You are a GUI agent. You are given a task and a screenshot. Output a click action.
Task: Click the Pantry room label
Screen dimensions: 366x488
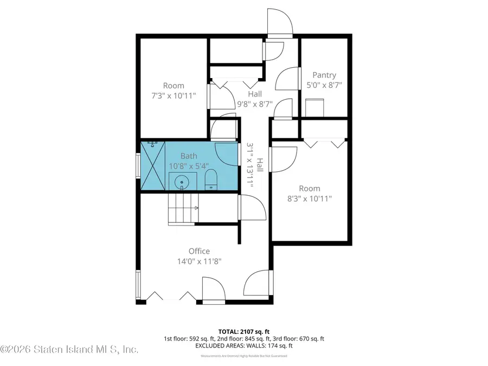coord(324,75)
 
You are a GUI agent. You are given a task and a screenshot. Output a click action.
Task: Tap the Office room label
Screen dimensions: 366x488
coord(199,251)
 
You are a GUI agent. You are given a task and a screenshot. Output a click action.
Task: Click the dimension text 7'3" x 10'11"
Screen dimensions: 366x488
coord(174,95)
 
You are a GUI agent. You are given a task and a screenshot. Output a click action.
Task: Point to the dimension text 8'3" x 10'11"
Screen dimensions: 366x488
coord(309,198)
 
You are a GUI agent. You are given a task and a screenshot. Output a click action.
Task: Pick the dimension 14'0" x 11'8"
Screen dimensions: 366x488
coord(199,261)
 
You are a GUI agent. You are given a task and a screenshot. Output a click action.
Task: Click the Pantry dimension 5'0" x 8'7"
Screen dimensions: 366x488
coord(324,85)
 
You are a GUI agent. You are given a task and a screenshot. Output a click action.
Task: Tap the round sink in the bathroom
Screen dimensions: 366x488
coord(181,181)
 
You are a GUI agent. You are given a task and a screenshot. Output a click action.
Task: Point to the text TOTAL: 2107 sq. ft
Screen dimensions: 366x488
coord(244,331)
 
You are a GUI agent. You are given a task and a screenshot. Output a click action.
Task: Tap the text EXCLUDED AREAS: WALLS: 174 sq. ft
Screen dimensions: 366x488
coord(244,345)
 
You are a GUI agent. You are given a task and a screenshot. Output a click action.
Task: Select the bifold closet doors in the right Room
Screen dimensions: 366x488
coord(324,144)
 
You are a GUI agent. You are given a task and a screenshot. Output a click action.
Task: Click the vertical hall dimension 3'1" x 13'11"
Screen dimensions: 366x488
coord(255,165)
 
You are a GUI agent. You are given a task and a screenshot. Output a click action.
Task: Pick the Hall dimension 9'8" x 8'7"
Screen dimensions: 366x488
coord(255,104)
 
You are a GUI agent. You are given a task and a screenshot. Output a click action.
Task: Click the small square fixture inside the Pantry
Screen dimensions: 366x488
coord(314,107)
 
